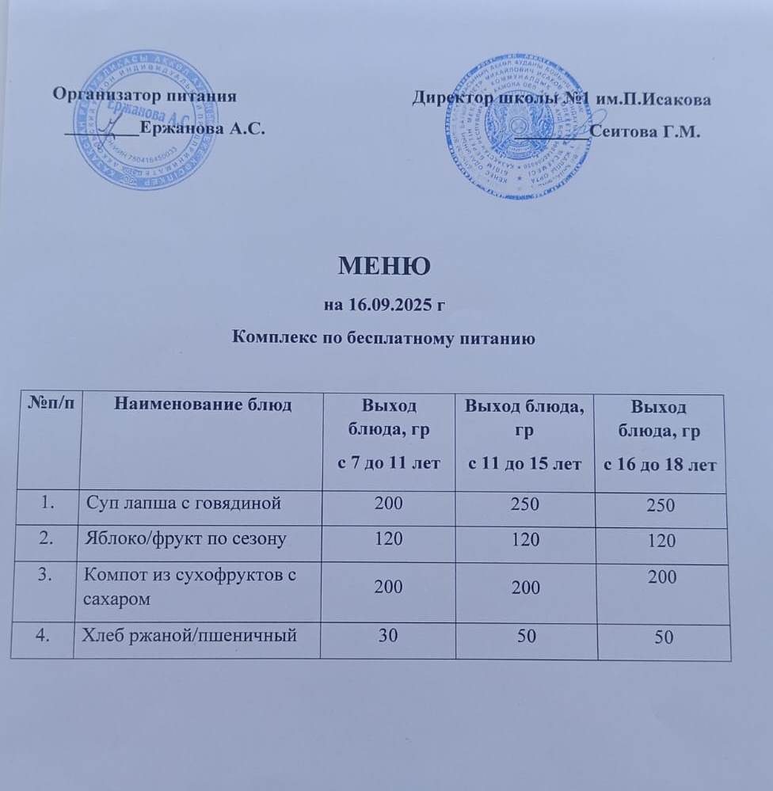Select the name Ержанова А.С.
[201, 130]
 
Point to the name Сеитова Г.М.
[645, 131]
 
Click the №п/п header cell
[45, 405]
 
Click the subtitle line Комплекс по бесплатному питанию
[385, 339]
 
